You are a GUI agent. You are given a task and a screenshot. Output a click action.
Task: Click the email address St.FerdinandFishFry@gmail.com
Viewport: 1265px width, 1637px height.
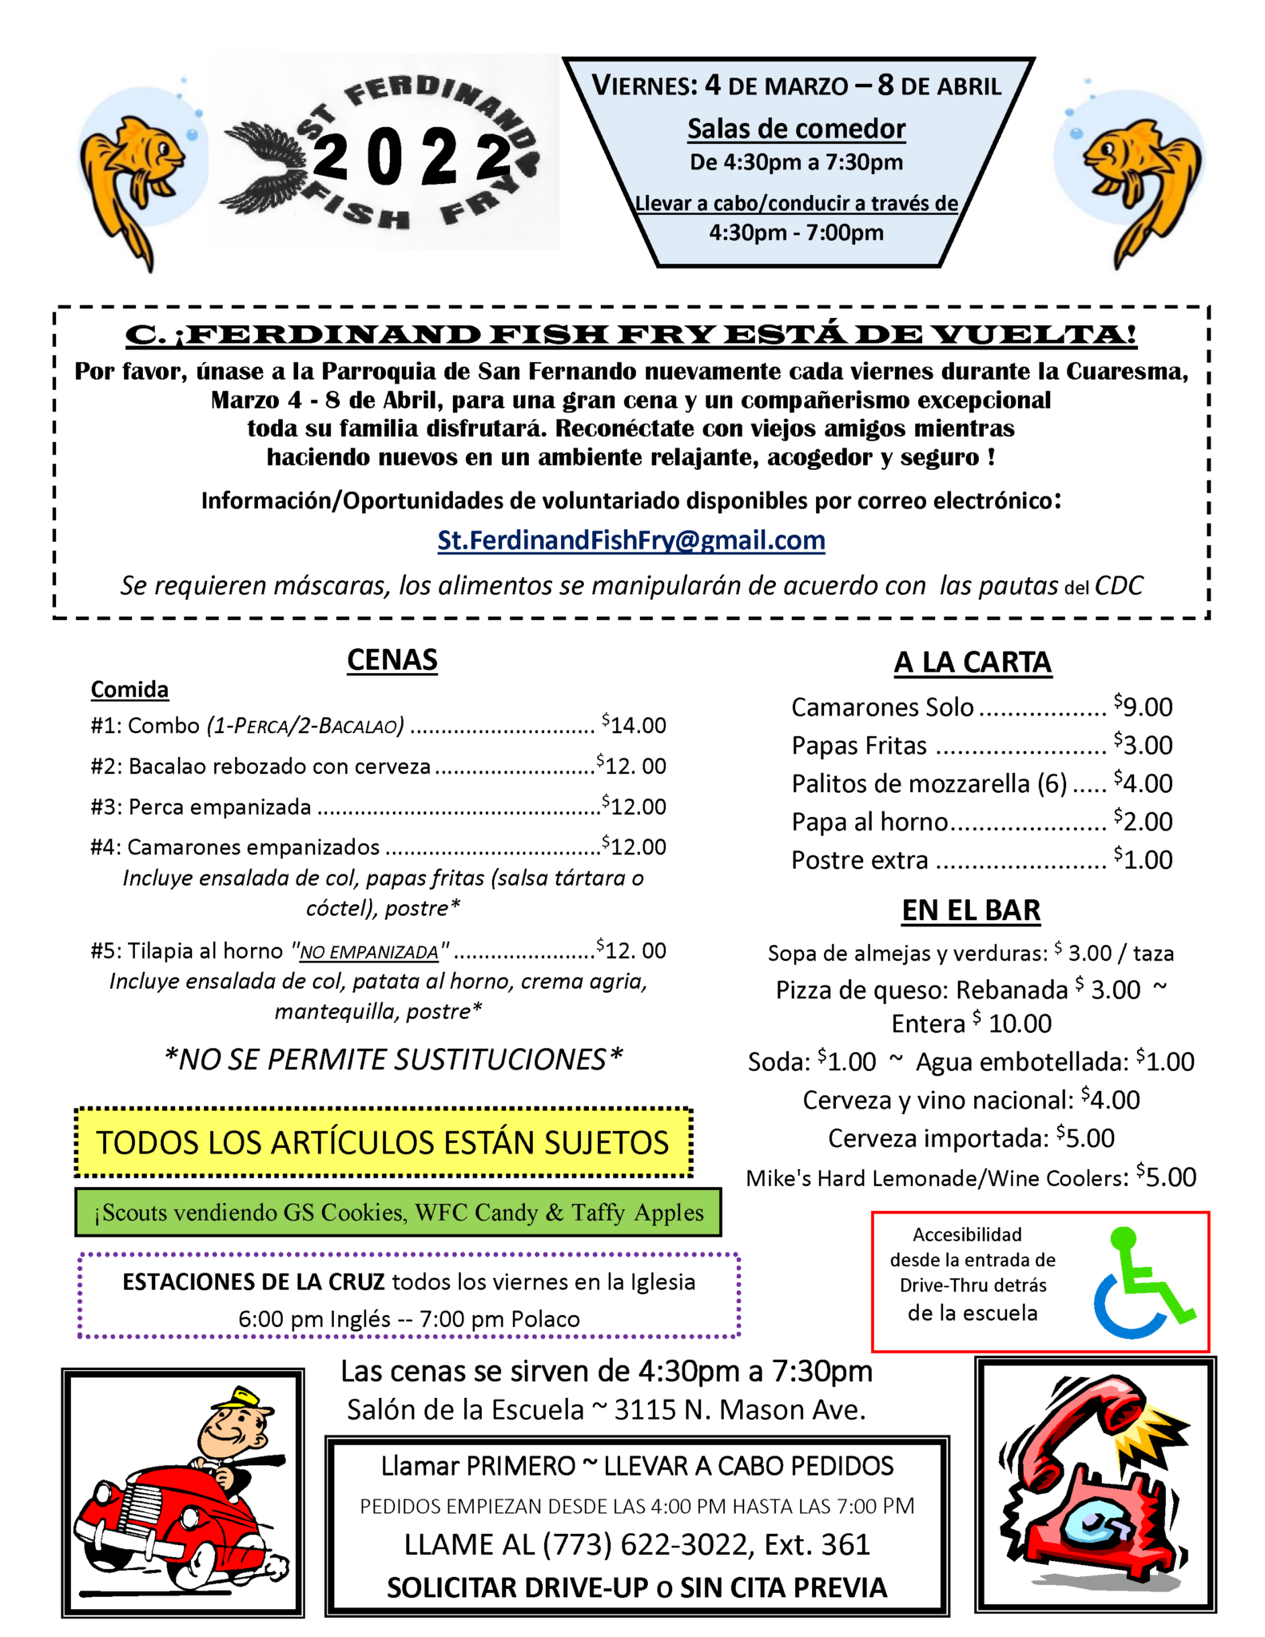tap(631, 540)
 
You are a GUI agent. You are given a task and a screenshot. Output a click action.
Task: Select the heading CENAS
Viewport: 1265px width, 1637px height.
tap(392, 660)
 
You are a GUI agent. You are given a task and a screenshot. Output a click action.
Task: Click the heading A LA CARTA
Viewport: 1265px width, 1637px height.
tap(972, 663)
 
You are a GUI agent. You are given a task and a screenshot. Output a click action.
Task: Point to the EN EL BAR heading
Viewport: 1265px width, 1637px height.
tap(971, 910)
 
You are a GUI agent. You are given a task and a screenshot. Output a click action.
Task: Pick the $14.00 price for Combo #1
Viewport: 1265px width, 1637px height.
tap(634, 725)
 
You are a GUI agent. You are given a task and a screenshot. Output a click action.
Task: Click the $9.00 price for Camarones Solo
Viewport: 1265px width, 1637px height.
tap(1144, 707)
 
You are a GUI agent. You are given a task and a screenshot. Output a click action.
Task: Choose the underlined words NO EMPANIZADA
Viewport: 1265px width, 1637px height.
tap(369, 952)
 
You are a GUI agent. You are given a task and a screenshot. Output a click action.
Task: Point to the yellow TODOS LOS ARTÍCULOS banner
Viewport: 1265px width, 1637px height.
tap(383, 1142)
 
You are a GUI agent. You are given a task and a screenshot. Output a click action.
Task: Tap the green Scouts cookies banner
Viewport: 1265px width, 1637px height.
tap(398, 1213)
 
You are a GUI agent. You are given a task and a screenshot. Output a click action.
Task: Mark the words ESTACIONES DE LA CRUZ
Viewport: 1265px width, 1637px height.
tap(253, 1282)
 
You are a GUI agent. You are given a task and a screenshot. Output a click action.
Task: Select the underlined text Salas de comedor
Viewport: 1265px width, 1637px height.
tap(797, 129)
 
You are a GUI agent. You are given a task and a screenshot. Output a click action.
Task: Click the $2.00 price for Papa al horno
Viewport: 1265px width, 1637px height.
tap(1144, 822)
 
